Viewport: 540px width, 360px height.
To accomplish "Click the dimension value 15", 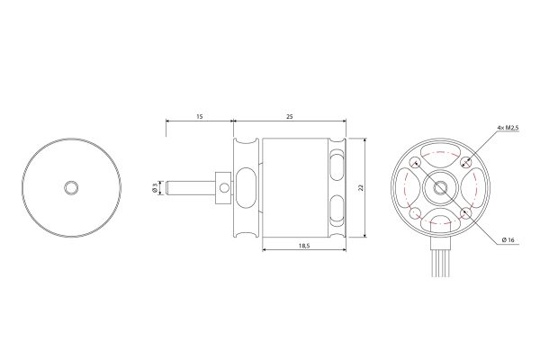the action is (200, 116).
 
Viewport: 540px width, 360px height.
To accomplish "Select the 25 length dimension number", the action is (289, 116).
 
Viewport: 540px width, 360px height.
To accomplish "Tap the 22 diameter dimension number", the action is (361, 188).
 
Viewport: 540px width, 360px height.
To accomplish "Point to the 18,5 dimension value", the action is (304, 246).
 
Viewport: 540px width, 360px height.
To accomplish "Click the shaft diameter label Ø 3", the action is (155, 188).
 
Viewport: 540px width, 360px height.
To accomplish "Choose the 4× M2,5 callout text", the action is (508, 128).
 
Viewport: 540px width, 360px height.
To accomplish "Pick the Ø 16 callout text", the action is (508, 239).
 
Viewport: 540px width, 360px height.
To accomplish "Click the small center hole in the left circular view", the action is (71, 188).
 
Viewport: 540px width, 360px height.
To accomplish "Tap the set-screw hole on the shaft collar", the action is (224, 188).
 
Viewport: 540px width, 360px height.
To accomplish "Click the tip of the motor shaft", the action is (166, 188).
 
